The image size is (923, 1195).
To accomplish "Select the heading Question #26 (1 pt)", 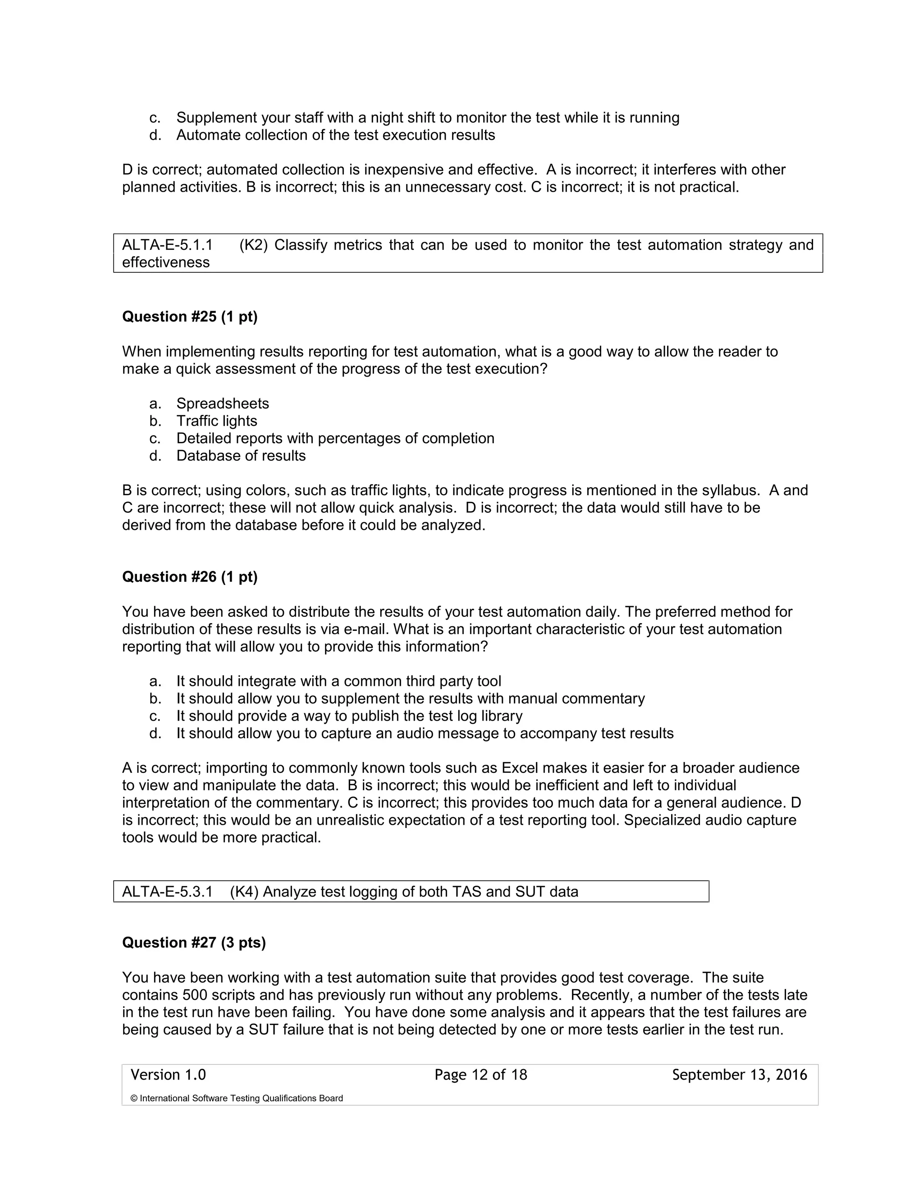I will (189, 577).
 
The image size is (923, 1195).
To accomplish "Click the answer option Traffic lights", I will (216, 421).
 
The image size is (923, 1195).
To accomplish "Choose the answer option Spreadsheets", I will (223, 403).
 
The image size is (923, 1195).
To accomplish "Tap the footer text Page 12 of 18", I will (480, 1075).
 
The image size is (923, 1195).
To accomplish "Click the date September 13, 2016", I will (739, 1075).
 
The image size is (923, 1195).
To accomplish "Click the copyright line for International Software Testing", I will (236, 1098).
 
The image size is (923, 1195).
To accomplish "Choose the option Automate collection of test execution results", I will (335, 135).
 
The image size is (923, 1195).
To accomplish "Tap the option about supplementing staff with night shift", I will (428, 118).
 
